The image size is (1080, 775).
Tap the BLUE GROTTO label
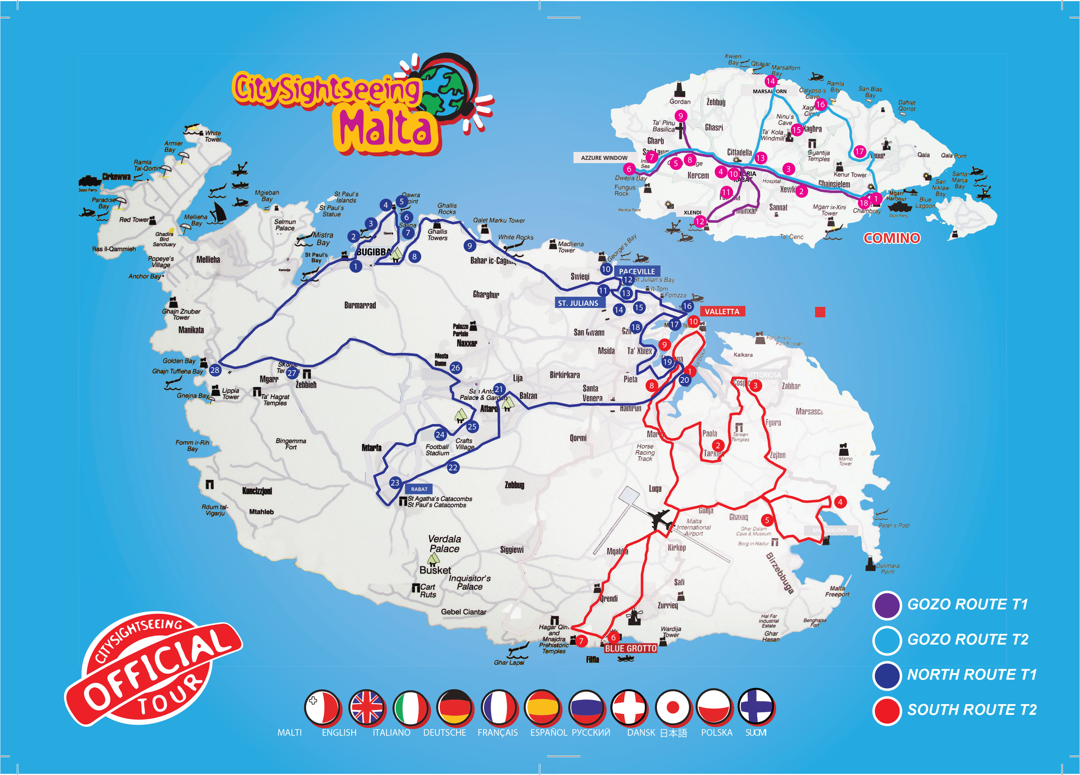click(630, 648)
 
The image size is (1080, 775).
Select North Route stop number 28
click(215, 370)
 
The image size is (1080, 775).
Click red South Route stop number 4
click(840, 502)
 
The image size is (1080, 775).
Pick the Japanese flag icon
click(672, 707)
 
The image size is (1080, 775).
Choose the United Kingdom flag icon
click(366, 707)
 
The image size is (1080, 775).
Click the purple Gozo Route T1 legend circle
click(887, 605)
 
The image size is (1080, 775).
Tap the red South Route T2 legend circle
click(887, 710)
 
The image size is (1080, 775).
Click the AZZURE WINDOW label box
click(604, 158)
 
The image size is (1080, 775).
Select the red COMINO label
click(892, 238)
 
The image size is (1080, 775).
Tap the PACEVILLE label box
click(637, 271)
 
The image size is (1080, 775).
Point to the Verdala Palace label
click(444, 544)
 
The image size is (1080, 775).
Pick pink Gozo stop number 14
click(770, 81)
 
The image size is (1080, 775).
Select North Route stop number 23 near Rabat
click(395, 483)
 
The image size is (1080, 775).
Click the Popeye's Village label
click(161, 262)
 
